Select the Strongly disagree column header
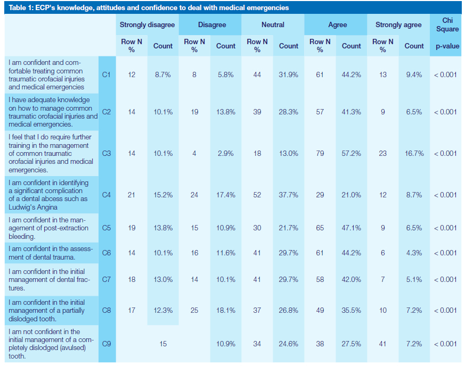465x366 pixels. [147, 24]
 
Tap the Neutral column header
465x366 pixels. [273, 24]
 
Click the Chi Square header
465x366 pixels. [447, 24]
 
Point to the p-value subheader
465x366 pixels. [447, 46]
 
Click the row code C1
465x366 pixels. [106, 74]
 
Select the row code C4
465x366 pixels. [106, 195]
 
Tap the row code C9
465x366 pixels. [106, 344]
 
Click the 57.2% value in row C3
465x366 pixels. [351, 153]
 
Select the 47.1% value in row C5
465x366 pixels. [351, 228]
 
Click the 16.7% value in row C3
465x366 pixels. [414, 153]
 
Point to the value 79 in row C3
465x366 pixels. [320, 153]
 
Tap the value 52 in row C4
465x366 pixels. [257, 195]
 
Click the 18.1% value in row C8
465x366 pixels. [225, 310]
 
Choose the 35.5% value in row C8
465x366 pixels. [351, 310]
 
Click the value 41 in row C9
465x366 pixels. [383, 344]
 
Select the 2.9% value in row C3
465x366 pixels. [225, 153]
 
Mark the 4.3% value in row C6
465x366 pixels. [414, 253]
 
